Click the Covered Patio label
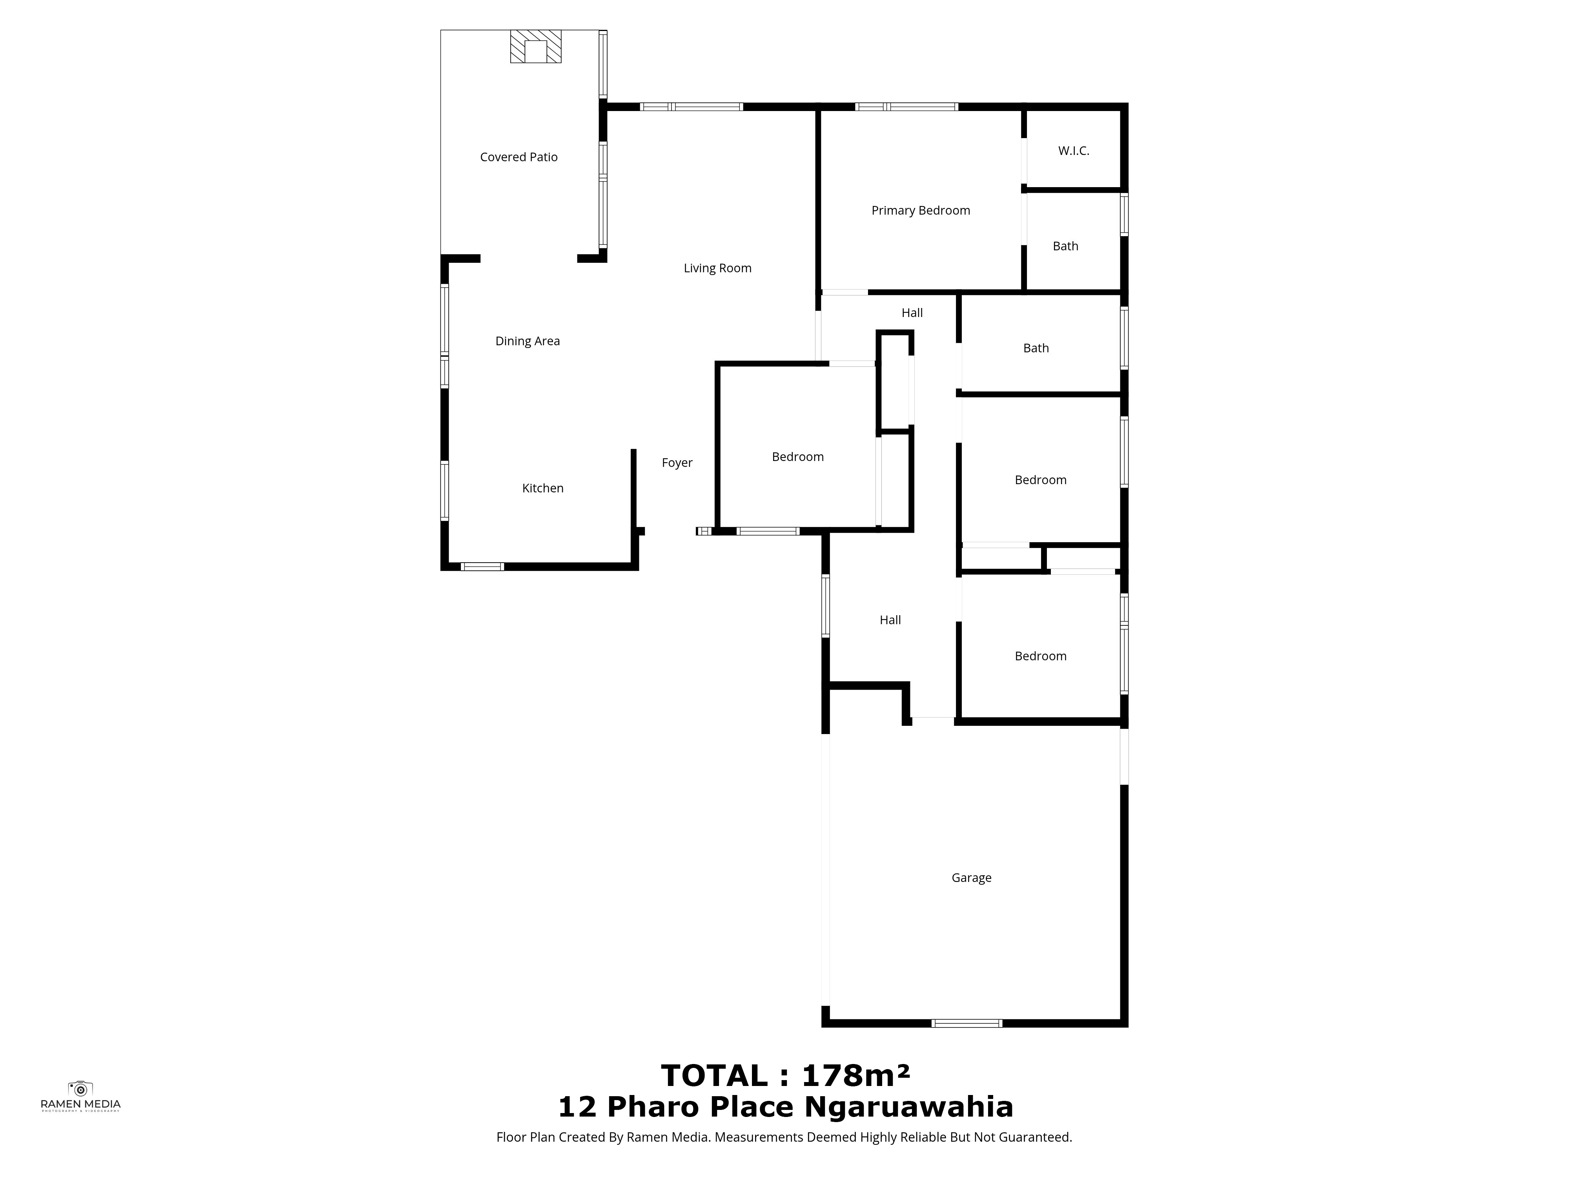(x=519, y=157)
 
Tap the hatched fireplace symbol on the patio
(x=535, y=46)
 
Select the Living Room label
(x=717, y=268)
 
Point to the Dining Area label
(x=527, y=341)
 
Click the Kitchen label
(x=542, y=488)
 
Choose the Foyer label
(x=677, y=463)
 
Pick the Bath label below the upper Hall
(x=1036, y=348)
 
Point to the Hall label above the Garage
(x=890, y=620)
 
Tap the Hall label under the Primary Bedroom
(x=912, y=313)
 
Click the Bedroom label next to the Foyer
(x=797, y=457)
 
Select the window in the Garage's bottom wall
(x=966, y=1023)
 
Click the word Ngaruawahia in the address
(x=908, y=1108)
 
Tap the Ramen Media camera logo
(x=80, y=1088)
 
